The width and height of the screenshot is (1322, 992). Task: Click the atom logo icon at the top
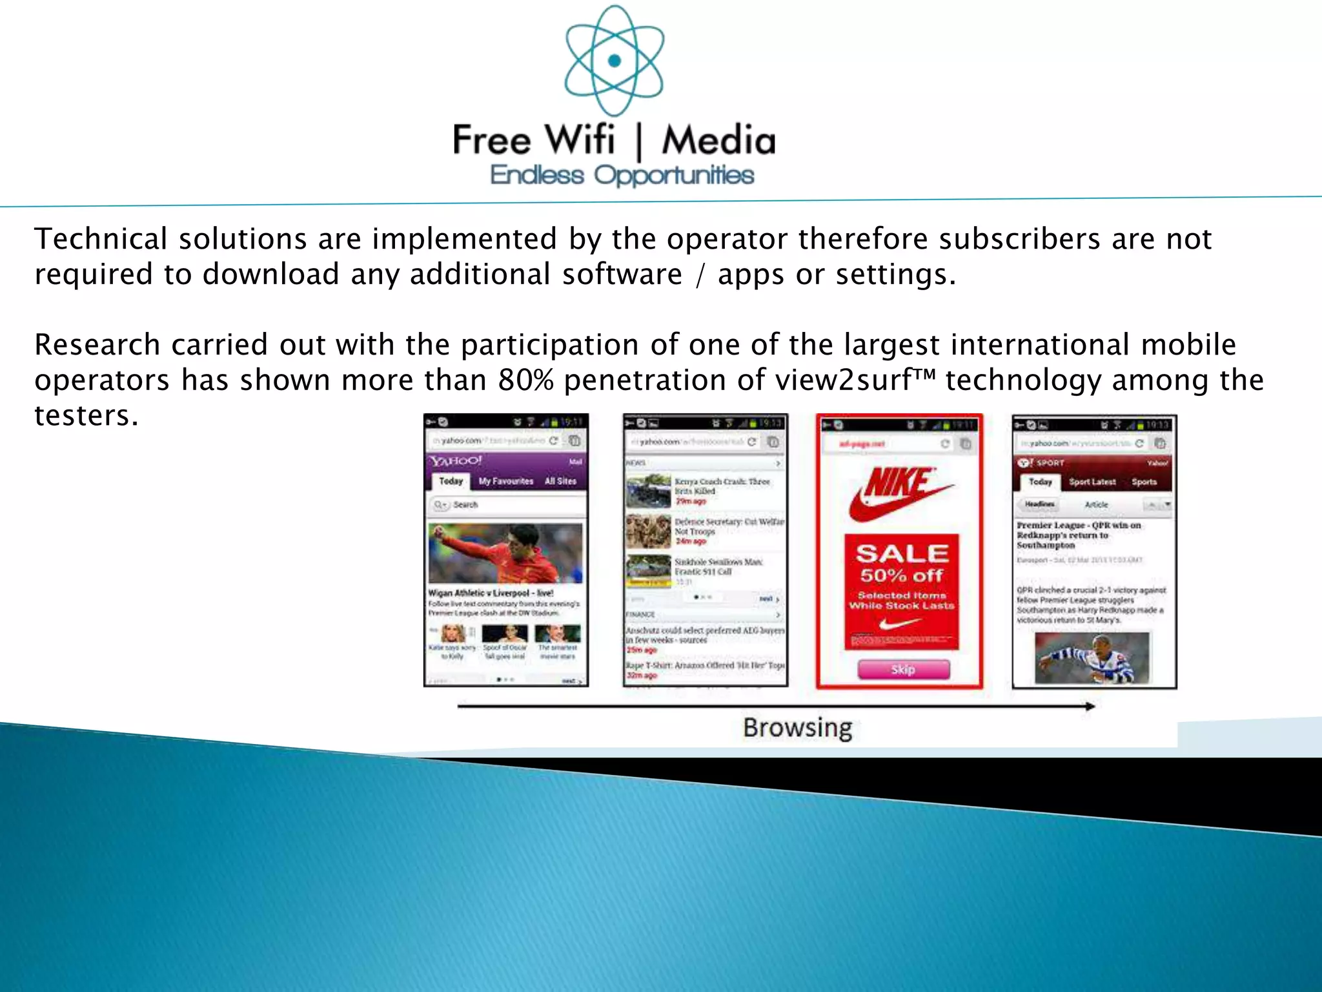pos(614,61)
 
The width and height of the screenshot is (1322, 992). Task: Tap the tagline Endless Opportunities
pos(622,175)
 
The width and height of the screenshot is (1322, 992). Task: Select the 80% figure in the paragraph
pos(525,380)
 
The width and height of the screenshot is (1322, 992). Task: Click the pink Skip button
pos(903,669)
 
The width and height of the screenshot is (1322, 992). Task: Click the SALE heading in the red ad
pos(902,553)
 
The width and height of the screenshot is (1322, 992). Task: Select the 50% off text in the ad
pos(902,575)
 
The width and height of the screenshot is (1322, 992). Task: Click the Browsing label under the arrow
pos(797,728)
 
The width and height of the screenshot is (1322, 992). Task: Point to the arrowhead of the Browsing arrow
pos(1090,706)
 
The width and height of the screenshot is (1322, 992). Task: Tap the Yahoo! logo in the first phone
pos(456,461)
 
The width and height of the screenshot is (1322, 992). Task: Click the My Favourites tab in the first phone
pos(506,481)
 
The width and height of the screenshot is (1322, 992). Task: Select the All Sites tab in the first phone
pos(560,481)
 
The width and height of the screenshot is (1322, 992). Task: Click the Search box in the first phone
pos(505,504)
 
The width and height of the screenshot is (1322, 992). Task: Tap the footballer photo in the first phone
pos(505,553)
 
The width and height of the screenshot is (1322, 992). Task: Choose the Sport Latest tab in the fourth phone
pos(1092,482)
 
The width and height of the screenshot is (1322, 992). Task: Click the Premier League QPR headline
pos(1078,535)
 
